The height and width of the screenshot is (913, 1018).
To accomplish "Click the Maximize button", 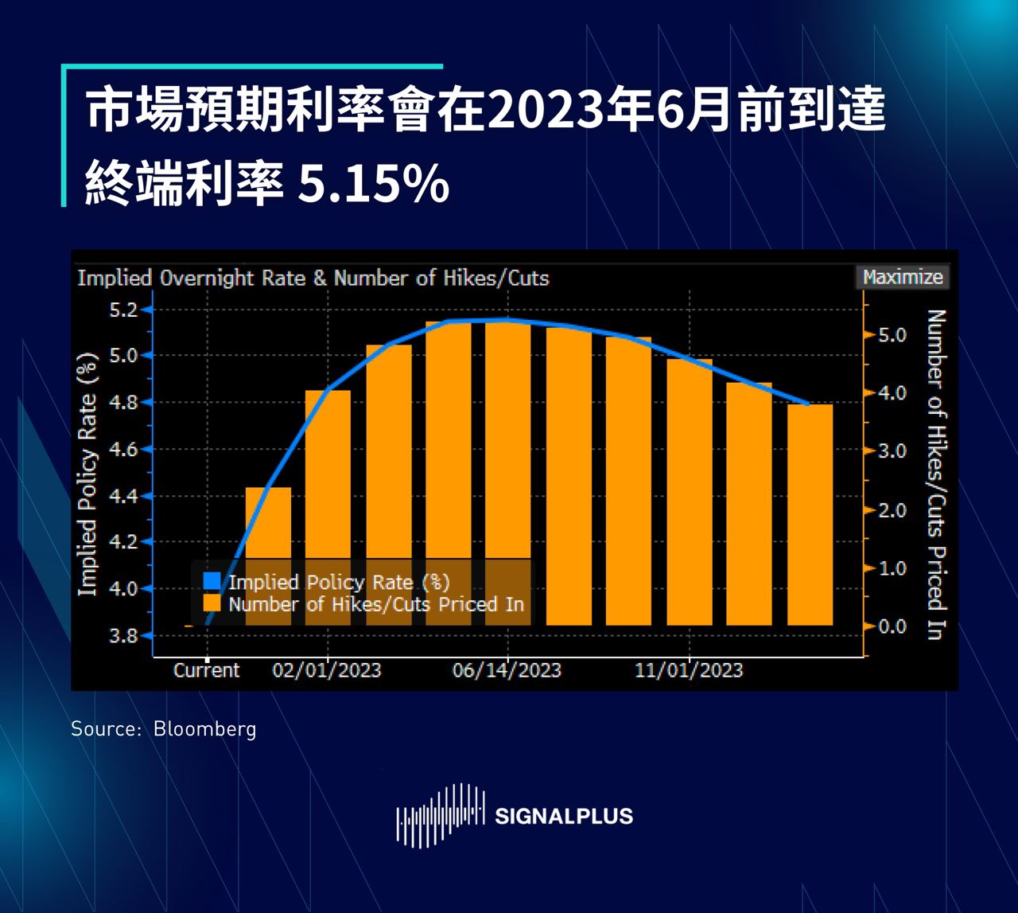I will click(903, 277).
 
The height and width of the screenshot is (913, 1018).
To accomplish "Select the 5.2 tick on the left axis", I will click(122, 310).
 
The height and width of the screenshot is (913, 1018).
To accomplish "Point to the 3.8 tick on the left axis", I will click(122, 635).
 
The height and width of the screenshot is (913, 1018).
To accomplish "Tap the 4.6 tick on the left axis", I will click(122, 450).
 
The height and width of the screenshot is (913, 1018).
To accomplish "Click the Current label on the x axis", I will click(206, 670).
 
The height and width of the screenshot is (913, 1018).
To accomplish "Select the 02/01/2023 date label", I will click(327, 670).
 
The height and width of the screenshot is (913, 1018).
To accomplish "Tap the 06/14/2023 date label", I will click(507, 670).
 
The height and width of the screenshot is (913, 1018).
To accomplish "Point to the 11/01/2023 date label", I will click(689, 670).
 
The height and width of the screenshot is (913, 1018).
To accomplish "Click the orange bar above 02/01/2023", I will click(328, 478).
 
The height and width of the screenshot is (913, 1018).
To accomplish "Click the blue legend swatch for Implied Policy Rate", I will click(212, 582).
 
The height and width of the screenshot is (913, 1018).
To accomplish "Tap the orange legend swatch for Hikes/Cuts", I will click(212, 604).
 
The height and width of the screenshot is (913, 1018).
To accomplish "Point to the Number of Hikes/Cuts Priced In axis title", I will click(936, 474).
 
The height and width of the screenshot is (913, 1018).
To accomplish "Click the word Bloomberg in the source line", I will click(204, 728).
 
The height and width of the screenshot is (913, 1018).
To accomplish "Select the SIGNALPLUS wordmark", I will click(564, 817).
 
